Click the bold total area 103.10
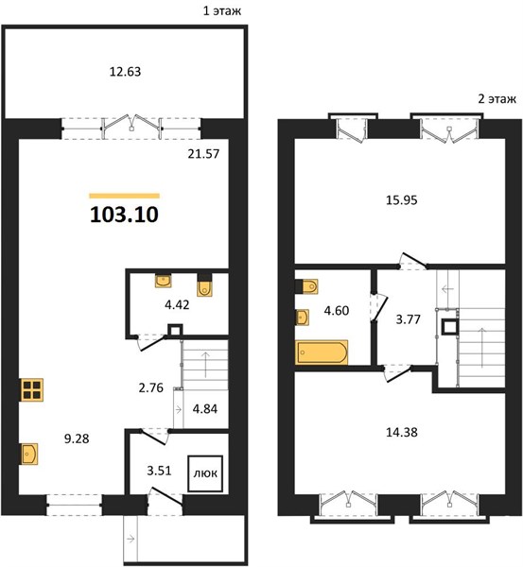124,215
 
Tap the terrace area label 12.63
125,72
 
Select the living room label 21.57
203,154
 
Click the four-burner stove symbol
32,389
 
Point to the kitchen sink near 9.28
29,453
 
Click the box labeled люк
205,473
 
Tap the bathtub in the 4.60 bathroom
322,352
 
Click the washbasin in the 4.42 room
164,281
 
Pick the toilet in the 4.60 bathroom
306,286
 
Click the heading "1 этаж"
222,10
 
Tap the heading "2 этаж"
497,98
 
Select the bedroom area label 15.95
401,200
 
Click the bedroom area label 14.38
401,432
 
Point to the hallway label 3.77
408,319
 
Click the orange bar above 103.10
125,196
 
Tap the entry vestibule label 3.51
159,471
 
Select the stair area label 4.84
205,409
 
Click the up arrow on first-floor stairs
205,364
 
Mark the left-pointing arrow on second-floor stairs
447,289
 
